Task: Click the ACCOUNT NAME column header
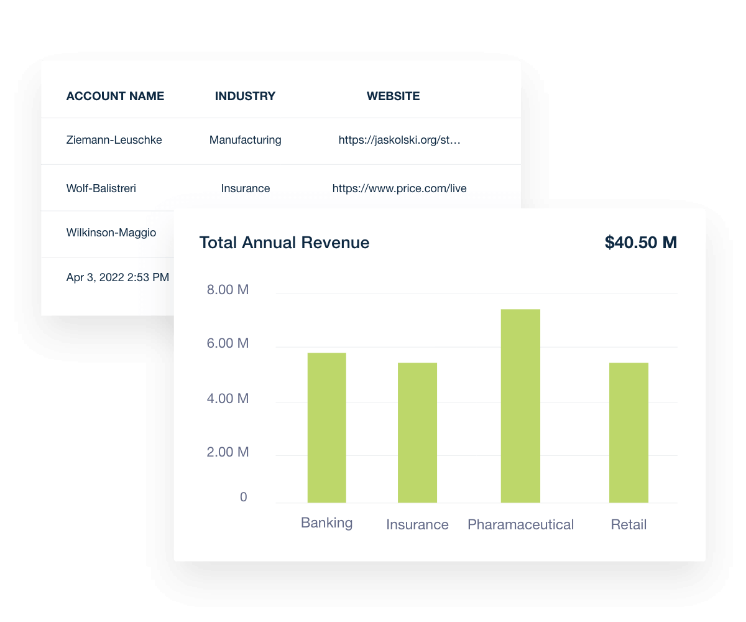(115, 96)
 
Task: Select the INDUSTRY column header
(245, 96)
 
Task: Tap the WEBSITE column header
(393, 96)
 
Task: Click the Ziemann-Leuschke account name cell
(114, 140)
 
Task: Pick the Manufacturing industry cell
(245, 140)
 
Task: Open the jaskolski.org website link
(399, 140)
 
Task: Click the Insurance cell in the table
(245, 188)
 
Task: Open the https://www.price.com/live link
(399, 188)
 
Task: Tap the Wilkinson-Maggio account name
(111, 233)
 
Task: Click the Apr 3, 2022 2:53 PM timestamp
(117, 277)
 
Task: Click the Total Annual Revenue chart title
(284, 243)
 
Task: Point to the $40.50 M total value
(640, 243)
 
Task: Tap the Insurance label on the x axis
(417, 524)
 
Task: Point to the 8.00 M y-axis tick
(228, 289)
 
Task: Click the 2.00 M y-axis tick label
(228, 452)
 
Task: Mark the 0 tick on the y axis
(243, 497)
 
